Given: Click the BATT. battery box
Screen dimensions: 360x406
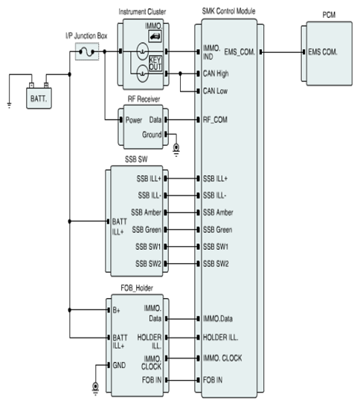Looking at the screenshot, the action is click(x=39, y=98).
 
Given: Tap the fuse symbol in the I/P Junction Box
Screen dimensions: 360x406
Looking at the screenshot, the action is click(x=87, y=52).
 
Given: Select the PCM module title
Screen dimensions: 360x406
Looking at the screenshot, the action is click(x=329, y=15).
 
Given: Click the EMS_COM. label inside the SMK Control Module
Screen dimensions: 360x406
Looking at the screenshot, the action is click(x=240, y=52).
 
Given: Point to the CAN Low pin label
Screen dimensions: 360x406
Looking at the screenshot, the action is click(x=215, y=91).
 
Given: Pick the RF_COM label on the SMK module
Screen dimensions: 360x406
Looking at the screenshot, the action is click(x=215, y=120).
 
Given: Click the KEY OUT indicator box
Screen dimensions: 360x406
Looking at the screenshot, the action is click(x=155, y=63).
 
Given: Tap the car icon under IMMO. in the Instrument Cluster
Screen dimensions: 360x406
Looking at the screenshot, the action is click(x=155, y=36).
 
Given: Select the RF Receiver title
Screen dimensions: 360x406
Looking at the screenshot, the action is click(x=144, y=99).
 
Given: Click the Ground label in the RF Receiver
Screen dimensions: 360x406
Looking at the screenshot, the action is click(x=152, y=135).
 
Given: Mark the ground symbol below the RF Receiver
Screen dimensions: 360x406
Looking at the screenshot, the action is click(x=176, y=150).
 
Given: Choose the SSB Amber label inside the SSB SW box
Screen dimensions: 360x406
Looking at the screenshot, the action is click(x=146, y=213).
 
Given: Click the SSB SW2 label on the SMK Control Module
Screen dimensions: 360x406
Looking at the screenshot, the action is click(x=216, y=263).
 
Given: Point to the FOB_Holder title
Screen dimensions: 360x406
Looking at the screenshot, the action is click(x=137, y=288).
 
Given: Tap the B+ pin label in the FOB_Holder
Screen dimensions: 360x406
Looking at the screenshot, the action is click(x=116, y=310).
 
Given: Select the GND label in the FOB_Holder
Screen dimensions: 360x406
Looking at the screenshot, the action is click(x=119, y=365).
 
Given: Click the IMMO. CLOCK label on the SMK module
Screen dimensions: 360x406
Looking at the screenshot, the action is click(x=222, y=358).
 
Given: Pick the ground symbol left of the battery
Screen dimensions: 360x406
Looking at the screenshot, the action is click(x=10, y=105).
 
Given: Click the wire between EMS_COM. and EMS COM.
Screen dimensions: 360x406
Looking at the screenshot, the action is click(x=283, y=52).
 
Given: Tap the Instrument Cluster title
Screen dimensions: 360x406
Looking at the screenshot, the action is click(x=142, y=12).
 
